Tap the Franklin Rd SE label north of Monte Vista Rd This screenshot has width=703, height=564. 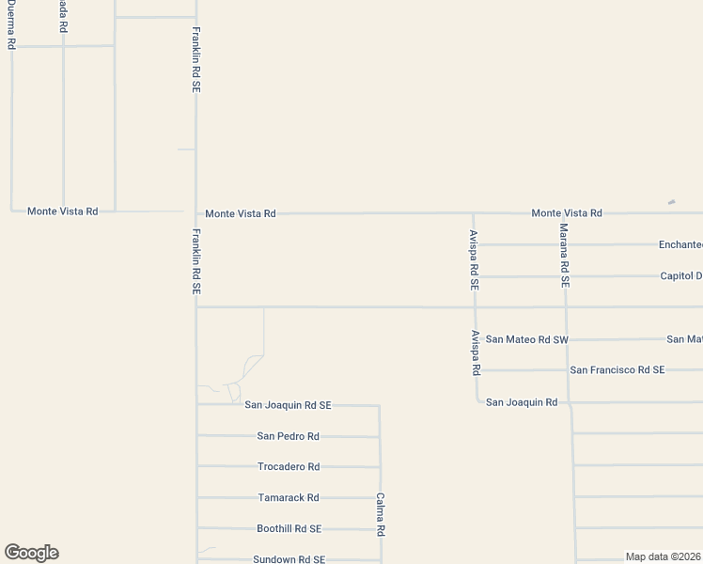(x=196, y=57)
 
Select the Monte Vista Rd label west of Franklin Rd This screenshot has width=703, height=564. (x=62, y=211)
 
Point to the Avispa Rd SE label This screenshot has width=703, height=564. (x=475, y=258)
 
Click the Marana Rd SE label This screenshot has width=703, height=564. (x=564, y=254)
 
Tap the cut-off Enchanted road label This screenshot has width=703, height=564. (x=680, y=244)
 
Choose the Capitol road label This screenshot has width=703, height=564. (x=680, y=276)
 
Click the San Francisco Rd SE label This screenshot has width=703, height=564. (x=617, y=370)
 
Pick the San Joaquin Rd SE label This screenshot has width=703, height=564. (x=288, y=405)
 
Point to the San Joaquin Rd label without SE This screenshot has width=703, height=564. (x=522, y=402)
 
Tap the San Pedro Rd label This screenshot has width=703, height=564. (x=288, y=436)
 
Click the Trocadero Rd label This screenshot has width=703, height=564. (x=289, y=467)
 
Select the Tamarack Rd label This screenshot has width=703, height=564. (x=289, y=498)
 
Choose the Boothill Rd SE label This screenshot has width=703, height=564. (x=289, y=529)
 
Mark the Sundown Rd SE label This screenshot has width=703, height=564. (x=289, y=559)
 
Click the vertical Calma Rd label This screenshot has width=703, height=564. (x=381, y=515)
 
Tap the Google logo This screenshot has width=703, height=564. (x=31, y=553)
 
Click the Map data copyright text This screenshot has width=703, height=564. (x=664, y=556)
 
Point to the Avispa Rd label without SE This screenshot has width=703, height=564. (x=476, y=353)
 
